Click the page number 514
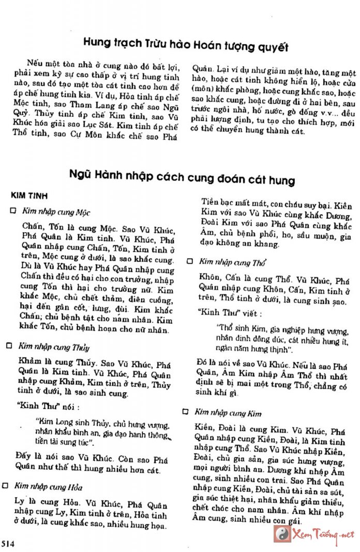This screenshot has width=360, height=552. point(8,543)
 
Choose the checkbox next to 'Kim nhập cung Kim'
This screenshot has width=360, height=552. point(186,412)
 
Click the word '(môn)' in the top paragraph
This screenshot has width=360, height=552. point(204,89)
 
